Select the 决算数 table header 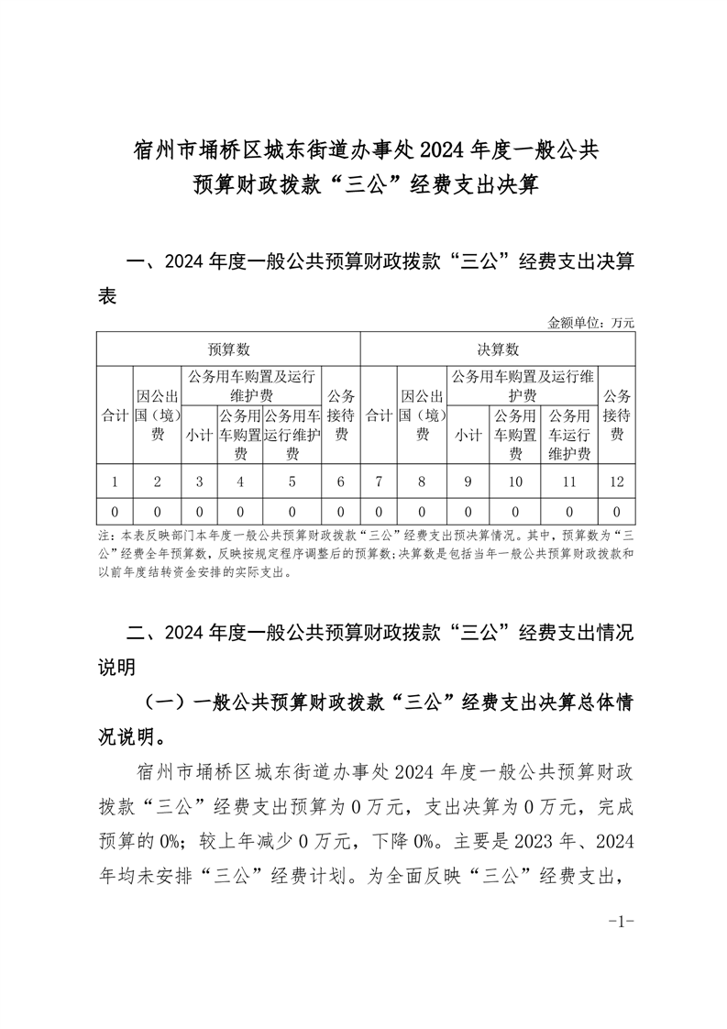point(498,349)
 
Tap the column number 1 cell point(115,481)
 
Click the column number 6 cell point(341,481)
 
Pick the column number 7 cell point(379,481)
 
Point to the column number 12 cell point(617,481)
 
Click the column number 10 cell point(515,481)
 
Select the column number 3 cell point(199,481)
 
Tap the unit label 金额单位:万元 point(590,323)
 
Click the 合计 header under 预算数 point(115,415)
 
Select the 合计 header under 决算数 point(379,415)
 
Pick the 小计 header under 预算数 point(199,436)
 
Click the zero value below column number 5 point(292,511)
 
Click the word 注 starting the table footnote point(103,535)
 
